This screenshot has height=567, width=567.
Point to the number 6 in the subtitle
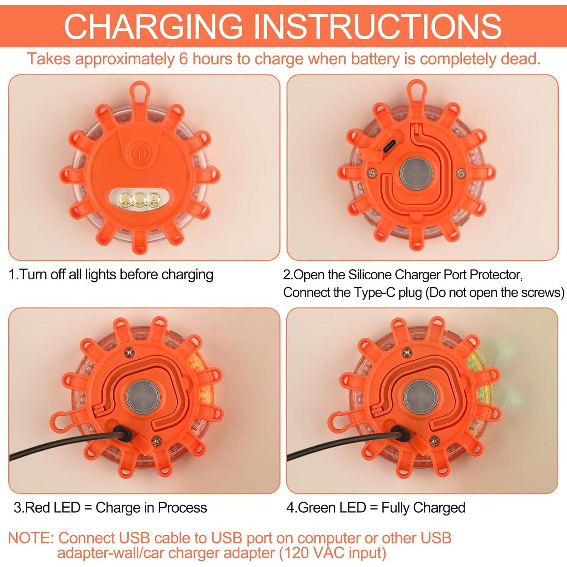pos(183,59)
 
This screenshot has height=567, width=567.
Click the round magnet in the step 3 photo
pos(143,398)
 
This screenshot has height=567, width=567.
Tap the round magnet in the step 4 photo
pos(420,398)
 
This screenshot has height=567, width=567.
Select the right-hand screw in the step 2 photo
pos(461,173)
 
